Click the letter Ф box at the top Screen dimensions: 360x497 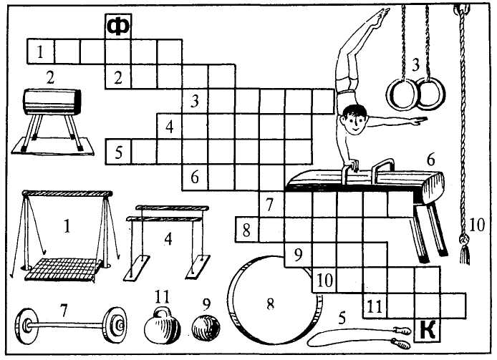(117, 26)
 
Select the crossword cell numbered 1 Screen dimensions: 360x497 (41, 52)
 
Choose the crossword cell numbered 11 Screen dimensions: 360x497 (375, 306)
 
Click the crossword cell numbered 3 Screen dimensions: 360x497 (196, 102)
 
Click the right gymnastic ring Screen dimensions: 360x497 (433, 95)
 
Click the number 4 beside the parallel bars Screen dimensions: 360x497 (168, 239)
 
